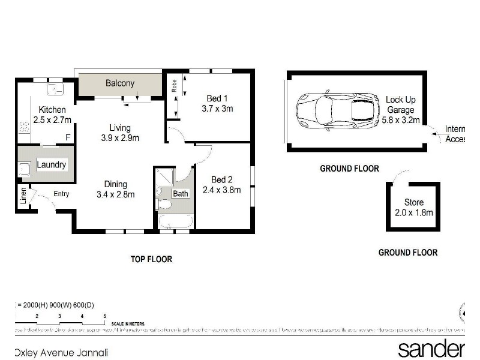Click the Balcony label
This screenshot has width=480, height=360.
(120, 83)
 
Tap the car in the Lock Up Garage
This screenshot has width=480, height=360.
(338, 110)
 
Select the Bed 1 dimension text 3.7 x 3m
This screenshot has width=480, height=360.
(217, 109)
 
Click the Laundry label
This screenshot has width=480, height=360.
(52, 164)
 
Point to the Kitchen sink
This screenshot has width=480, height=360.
(56, 89)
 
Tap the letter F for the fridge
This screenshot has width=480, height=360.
(68, 137)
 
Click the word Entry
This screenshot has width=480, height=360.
(61, 193)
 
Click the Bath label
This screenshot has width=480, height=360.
(180, 193)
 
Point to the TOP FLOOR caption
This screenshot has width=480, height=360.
(151, 259)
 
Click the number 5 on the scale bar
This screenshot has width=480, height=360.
(104, 316)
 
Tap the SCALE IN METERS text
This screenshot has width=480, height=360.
(128, 323)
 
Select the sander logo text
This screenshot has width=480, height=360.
(431, 349)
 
